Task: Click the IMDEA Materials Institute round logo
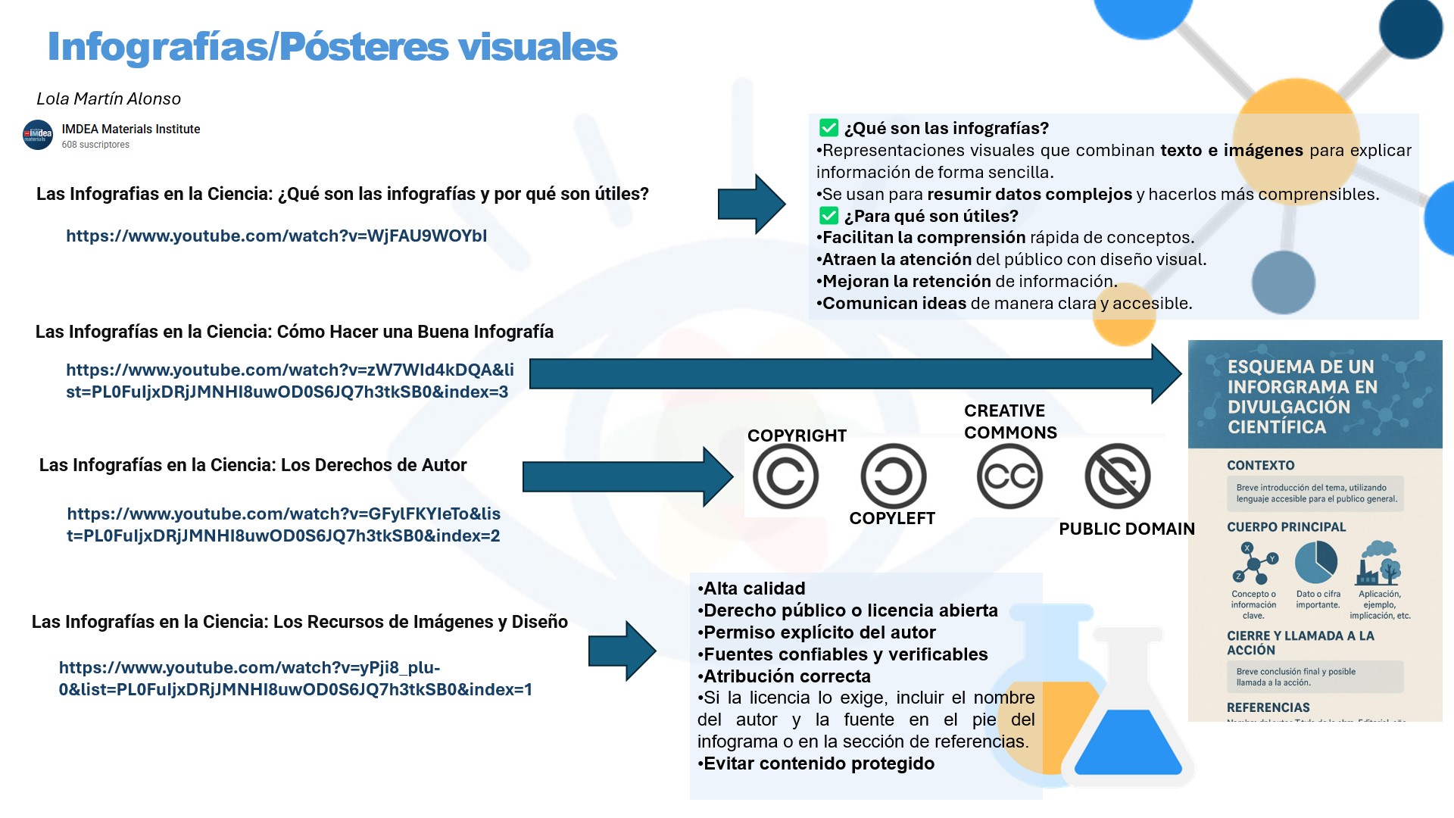(38, 135)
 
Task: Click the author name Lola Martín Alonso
(108, 98)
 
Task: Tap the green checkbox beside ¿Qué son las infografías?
(829, 128)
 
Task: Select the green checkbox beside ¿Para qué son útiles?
(829, 216)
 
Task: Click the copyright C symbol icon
(785, 476)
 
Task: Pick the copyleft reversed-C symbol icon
(894, 476)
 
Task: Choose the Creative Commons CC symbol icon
(1009, 476)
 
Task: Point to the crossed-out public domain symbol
(1118, 476)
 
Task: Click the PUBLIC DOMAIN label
(1126, 529)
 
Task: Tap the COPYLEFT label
(892, 518)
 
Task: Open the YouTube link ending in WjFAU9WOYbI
(276, 236)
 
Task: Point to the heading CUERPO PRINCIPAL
(1286, 527)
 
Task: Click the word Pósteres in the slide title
(364, 47)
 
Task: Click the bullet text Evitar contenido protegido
(818, 763)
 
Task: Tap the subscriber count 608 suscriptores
(95, 145)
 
